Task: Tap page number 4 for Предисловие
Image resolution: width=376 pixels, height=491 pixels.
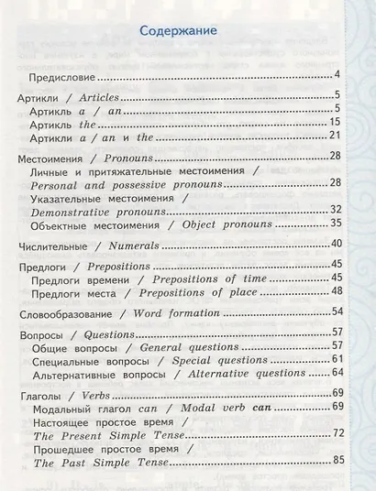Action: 337,73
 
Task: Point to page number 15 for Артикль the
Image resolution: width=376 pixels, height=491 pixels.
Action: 335,123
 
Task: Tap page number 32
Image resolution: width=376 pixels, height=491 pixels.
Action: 335,209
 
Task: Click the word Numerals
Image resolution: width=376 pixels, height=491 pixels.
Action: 134,245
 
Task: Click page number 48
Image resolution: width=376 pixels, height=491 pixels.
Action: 335,290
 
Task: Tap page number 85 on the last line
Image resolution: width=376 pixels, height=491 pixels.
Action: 335,464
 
